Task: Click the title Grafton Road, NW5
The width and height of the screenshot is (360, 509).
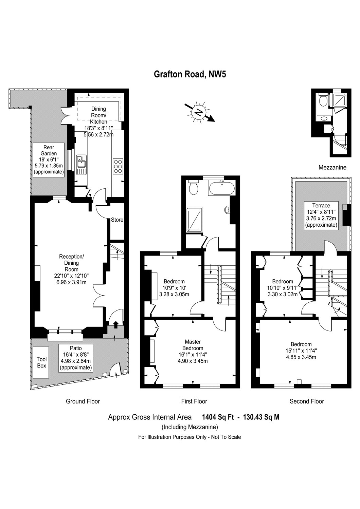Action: (x=190, y=74)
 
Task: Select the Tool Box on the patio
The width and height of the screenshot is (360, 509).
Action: (x=42, y=362)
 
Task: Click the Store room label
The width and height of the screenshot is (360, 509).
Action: (x=117, y=220)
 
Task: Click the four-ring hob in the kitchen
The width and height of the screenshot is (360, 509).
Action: (x=118, y=166)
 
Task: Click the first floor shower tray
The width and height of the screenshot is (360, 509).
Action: (x=195, y=219)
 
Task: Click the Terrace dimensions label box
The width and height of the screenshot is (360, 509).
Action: (x=321, y=215)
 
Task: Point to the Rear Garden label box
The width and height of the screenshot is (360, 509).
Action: (x=49, y=159)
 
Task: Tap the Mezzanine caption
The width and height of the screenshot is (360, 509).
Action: (x=332, y=167)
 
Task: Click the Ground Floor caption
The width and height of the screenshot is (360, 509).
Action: (x=83, y=401)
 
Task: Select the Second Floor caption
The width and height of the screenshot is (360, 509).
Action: (x=307, y=401)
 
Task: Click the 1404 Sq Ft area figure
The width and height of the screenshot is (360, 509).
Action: (x=218, y=417)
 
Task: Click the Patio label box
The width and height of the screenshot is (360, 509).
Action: (x=76, y=358)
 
